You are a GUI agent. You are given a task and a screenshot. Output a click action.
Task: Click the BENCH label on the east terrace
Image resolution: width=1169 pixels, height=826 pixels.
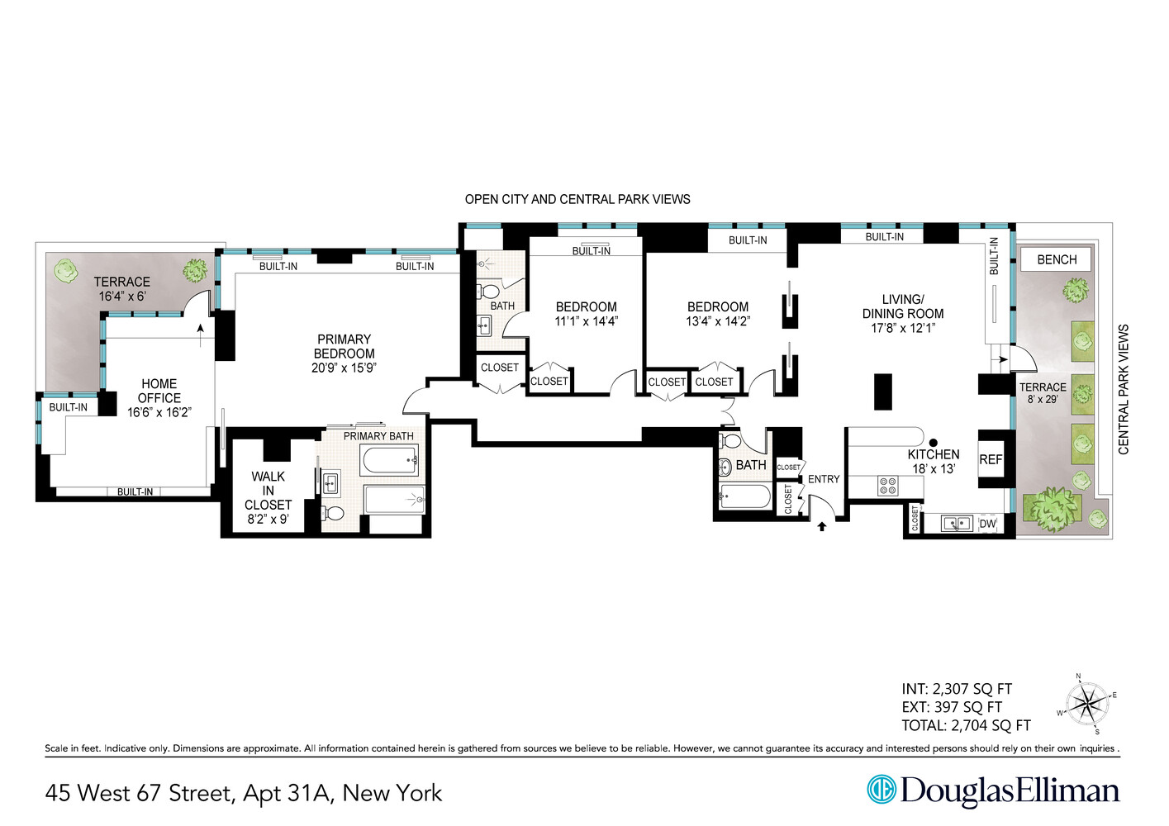coord(1056,259)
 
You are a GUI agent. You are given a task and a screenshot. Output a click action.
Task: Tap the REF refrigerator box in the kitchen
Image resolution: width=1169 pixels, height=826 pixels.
coord(991,459)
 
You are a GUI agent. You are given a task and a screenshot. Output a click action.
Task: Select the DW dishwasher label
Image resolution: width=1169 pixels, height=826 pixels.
coord(987,524)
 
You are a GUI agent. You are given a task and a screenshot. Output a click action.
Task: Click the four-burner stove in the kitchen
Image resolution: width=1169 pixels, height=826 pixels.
coord(887,486)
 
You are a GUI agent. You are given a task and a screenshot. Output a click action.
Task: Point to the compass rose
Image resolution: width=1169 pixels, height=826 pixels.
coord(1087,705)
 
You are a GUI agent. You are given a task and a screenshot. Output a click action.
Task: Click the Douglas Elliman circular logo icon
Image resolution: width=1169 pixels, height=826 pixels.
coord(881,789)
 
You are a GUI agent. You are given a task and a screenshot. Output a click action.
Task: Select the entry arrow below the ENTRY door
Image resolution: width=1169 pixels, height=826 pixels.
coord(821,525)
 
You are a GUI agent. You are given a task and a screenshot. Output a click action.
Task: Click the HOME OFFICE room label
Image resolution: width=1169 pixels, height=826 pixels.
coord(159,391)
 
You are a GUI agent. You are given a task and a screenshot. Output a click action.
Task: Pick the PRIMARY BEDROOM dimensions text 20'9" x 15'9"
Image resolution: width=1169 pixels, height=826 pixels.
coord(344,368)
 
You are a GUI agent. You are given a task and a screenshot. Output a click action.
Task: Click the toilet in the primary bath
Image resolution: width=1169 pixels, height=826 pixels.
coord(333,513)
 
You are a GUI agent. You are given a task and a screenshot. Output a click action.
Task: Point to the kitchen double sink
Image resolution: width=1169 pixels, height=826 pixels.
coord(956,524)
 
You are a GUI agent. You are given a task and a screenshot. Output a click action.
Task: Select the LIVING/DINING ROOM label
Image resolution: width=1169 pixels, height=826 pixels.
coord(902,306)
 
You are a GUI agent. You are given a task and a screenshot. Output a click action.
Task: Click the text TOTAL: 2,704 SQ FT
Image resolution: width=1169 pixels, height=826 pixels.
coord(966,726)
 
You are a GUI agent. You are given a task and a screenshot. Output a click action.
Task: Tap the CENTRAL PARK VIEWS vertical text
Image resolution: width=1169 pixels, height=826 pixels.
coord(1123,389)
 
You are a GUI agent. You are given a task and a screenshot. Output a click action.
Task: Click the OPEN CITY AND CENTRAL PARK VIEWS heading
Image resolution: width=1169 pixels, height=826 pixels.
coord(577,199)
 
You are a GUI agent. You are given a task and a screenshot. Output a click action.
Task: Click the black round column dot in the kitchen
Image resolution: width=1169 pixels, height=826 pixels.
coord(934,443)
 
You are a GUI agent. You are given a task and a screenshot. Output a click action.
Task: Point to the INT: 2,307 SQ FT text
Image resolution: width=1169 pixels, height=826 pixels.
coord(956,689)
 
